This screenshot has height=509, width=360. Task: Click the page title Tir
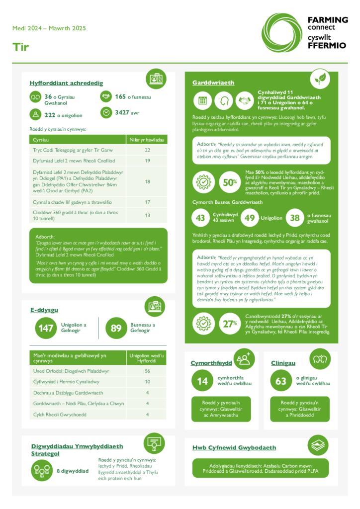click(21, 47)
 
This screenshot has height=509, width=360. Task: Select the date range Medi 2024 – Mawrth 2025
click(49, 28)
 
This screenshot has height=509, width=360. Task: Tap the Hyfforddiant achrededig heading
click(66, 83)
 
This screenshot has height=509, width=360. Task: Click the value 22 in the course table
click(147, 150)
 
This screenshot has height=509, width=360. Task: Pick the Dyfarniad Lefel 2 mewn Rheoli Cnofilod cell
click(74, 161)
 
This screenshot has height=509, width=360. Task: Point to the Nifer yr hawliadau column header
click(147, 140)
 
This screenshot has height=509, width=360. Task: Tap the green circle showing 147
click(46, 328)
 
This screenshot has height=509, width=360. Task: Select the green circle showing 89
click(116, 328)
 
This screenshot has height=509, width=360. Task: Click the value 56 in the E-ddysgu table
click(147, 371)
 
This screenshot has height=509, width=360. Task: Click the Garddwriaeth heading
click(213, 83)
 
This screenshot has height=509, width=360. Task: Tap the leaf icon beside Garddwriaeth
click(320, 79)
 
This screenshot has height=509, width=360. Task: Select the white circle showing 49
click(250, 218)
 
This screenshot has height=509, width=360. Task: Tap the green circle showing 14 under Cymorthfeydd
click(202, 381)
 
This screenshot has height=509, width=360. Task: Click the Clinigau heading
click(283, 363)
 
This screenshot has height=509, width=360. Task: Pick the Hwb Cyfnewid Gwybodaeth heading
click(234, 447)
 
